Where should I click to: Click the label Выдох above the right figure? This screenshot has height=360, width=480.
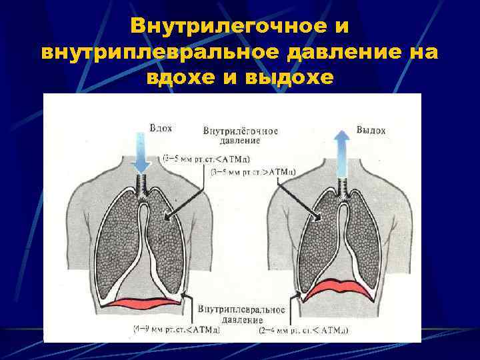[371, 130]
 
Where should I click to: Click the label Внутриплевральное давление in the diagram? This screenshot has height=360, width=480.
[241, 315]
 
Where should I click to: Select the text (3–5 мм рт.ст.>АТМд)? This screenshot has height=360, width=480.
[253, 171]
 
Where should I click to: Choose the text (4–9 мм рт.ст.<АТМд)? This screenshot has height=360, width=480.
[176, 329]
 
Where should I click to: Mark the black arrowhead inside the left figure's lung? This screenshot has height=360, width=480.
[166, 216]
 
